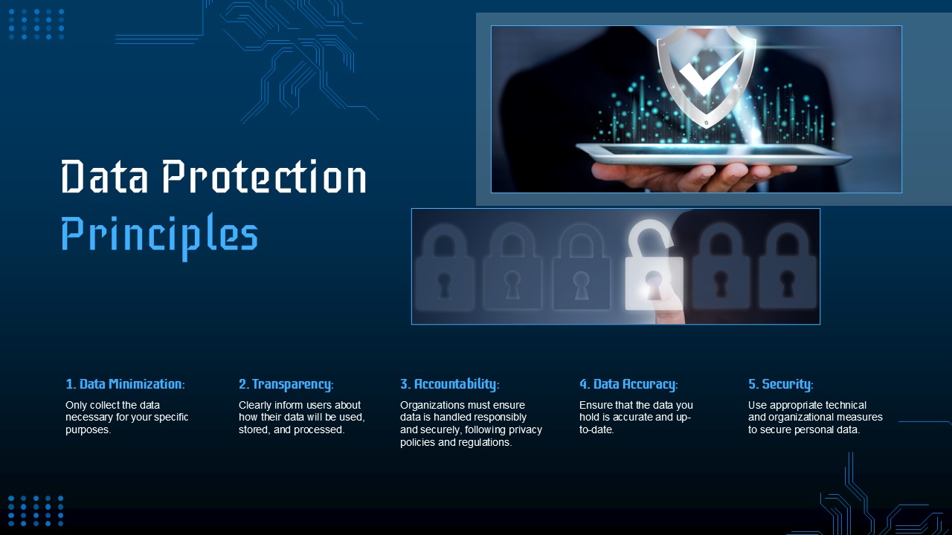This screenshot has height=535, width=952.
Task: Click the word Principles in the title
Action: pos(159,234)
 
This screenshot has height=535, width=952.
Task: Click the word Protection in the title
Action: pos(265,178)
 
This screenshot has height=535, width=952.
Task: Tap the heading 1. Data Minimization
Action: pos(125,384)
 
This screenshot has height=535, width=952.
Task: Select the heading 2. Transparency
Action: pos(286,384)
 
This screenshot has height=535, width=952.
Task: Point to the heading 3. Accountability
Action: pos(449,384)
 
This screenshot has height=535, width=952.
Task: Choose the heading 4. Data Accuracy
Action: pos(628,384)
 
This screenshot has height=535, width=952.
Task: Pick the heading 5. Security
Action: pos(780,384)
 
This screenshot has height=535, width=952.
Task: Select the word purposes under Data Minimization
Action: pos(87,429)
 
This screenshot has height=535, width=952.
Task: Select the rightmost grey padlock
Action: pos(787,267)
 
